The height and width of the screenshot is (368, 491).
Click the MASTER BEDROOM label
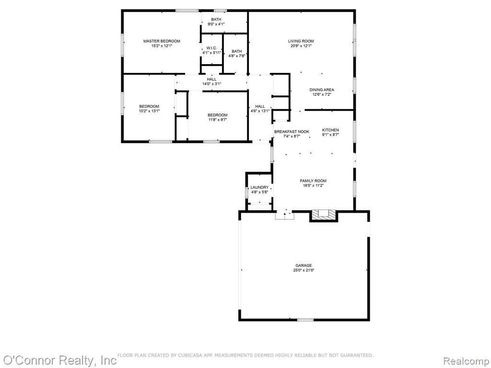click(x=162, y=41)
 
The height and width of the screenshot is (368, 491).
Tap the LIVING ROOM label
click(x=301, y=41)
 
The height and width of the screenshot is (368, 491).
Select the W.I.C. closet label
click(x=211, y=48)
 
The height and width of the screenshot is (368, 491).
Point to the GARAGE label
click(x=304, y=265)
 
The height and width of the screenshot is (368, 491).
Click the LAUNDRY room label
click(x=259, y=187)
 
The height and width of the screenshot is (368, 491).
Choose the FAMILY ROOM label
click(x=313, y=181)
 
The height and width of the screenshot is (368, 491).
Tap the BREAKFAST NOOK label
click(x=292, y=132)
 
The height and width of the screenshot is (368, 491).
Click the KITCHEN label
click(x=330, y=130)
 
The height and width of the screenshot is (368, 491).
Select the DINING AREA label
click(x=322, y=90)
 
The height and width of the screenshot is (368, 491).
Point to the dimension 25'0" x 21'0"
click(x=304, y=270)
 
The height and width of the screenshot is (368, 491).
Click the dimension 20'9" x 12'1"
click(x=301, y=46)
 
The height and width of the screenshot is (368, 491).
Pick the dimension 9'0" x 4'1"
click(x=216, y=24)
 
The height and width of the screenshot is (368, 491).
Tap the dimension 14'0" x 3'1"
click(x=211, y=84)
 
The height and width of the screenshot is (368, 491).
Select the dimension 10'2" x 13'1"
click(x=150, y=111)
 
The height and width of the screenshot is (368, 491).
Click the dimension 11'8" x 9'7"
click(x=217, y=119)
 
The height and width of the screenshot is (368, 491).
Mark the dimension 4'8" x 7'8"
click(x=237, y=56)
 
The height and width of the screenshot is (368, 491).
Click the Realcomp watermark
click(x=466, y=361)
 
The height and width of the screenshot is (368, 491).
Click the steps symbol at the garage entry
click(x=285, y=216)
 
